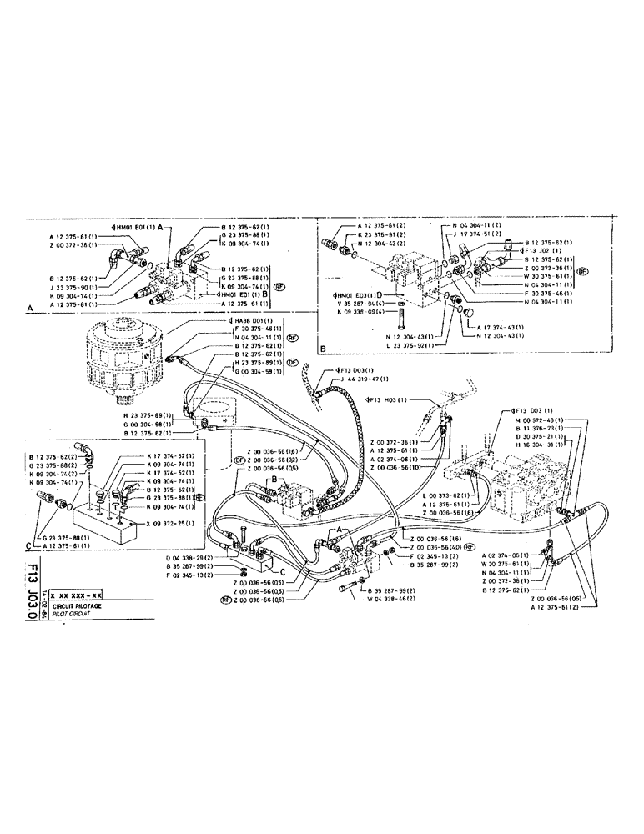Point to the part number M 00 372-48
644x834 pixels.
click(538, 420)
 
